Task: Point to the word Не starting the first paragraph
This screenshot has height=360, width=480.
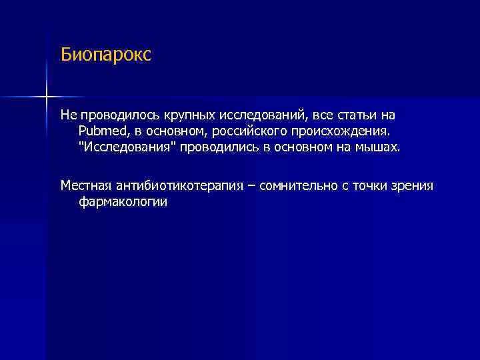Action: (x=69, y=115)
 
